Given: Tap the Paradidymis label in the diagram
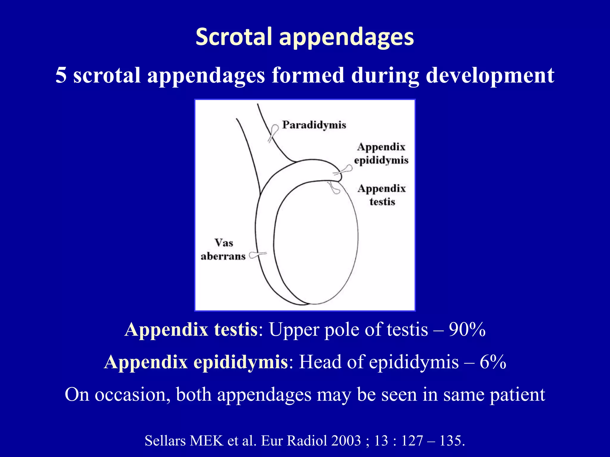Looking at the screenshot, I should pos(314,125).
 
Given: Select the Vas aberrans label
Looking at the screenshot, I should pos(223,250).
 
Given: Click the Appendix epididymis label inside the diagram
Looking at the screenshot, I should pos(381,154).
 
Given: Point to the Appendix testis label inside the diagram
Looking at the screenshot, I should pos(382,195).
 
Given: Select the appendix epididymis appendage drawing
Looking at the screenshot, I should pos(344,170).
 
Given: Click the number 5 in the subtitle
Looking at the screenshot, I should pos(61,75).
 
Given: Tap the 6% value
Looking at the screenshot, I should pos(493,362).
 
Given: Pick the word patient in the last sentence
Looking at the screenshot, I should pos(517,395).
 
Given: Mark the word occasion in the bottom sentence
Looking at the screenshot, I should pos(130,395).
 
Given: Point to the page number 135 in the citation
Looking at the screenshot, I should pos(450,441).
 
